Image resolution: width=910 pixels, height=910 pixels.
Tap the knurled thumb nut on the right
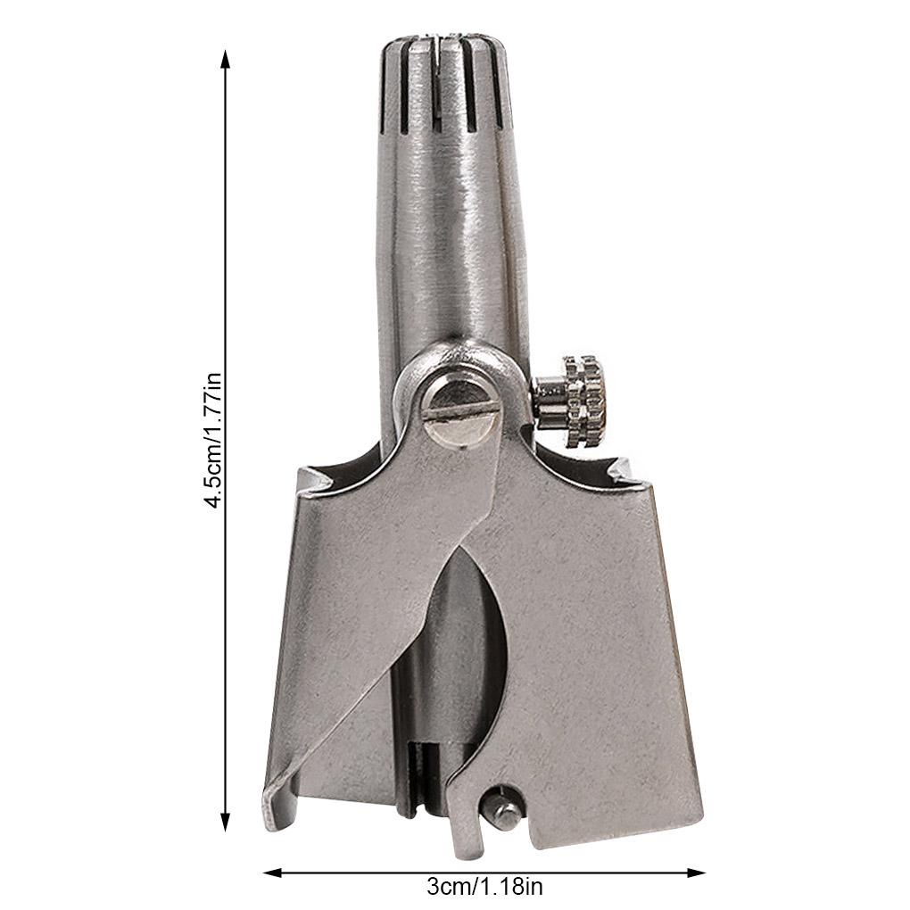[x=584, y=401]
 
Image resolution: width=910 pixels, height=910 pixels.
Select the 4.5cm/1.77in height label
[x=213, y=441]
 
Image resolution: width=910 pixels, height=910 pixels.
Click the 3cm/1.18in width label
[x=484, y=886]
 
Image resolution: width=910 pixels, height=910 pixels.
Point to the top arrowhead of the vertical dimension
[x=226, y=59]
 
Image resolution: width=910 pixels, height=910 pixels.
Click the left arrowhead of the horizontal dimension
[x=273, y=873]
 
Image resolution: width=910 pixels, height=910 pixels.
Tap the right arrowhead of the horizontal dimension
[x=696, y=873]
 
